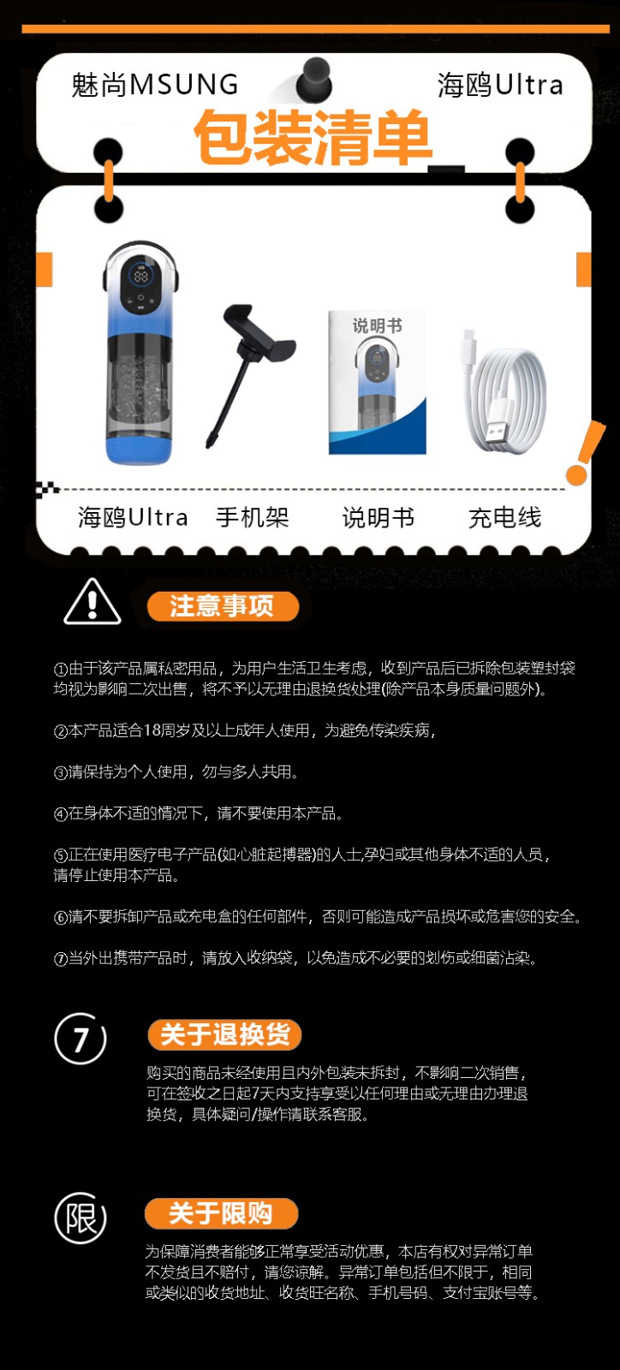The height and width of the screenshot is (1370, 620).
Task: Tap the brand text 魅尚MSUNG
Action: click(155, 85)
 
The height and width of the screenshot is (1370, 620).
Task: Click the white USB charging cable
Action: click(503, 391)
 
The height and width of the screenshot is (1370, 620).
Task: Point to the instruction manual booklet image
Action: click(378, 382)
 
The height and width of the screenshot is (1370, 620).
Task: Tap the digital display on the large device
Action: click(141, 277)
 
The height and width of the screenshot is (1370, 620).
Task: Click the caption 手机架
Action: click(252, 517)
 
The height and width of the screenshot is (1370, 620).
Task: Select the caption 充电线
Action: click(505, 517)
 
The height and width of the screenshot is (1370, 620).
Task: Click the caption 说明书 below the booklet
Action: click(378, 517)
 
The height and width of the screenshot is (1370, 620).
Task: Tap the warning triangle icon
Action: click(92, 602)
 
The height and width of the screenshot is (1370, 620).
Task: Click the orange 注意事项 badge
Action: click(223, 606)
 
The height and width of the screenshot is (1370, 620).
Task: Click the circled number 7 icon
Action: click(80, 1039)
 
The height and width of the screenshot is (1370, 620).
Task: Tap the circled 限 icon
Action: click(80, 1218)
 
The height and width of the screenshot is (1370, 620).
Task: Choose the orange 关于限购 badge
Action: click(221, 1213)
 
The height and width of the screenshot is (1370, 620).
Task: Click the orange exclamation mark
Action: click(585, 453)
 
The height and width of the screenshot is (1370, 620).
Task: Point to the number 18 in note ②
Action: click(152, 730)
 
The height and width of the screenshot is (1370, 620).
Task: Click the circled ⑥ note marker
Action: click(60, 917)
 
